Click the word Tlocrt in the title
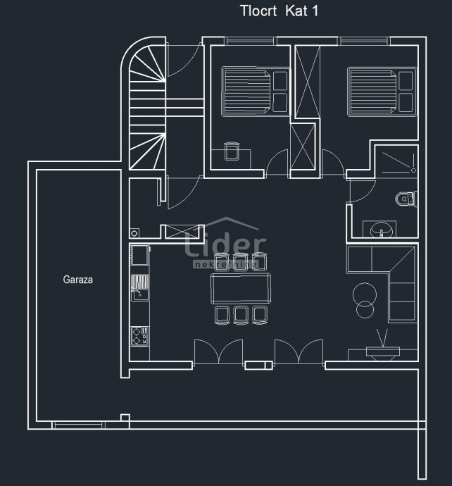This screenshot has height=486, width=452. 257,11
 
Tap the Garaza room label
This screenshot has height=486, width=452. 78,280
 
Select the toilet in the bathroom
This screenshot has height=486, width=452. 406,199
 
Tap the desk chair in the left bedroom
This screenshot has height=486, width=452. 232,151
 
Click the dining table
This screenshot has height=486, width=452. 241,288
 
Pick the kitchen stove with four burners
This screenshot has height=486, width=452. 139,335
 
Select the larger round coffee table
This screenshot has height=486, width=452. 365,292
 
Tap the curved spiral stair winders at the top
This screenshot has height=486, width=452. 146,66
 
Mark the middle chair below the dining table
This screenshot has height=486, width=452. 241,314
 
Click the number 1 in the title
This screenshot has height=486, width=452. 315,11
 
